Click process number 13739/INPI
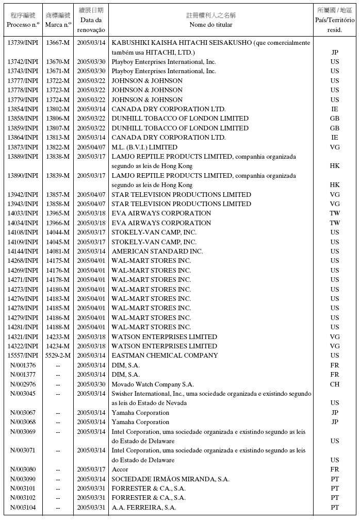23,43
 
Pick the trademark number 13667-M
58,43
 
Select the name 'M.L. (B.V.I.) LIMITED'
144,147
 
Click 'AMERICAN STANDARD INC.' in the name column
157,251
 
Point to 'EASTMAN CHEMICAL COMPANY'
165,355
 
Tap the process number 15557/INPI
23,355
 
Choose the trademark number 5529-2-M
58,355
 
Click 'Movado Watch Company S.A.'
153,384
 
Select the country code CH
335,384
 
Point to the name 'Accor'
120,469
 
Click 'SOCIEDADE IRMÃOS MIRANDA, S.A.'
170,479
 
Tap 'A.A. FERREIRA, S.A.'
144,508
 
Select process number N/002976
23,384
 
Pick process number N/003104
23,508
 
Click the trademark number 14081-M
58,251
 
